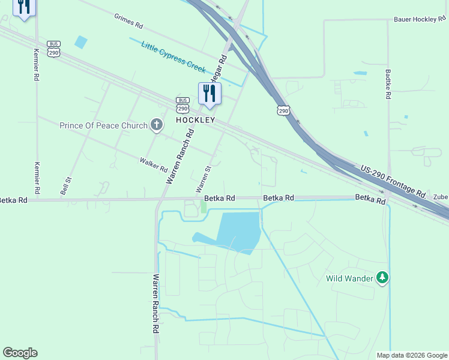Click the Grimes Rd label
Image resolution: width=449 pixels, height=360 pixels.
129,21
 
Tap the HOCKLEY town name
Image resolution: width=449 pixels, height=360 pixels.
195,120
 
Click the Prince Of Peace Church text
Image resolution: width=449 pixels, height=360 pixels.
103,126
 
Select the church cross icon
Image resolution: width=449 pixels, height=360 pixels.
157,125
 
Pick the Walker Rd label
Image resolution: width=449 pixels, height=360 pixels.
152,162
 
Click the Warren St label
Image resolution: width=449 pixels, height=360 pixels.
204,179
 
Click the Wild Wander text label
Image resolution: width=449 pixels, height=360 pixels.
350,278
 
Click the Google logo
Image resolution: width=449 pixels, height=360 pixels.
20,353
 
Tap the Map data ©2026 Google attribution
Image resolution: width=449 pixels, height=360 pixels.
411,355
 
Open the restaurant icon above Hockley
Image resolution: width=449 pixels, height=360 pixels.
209,93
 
